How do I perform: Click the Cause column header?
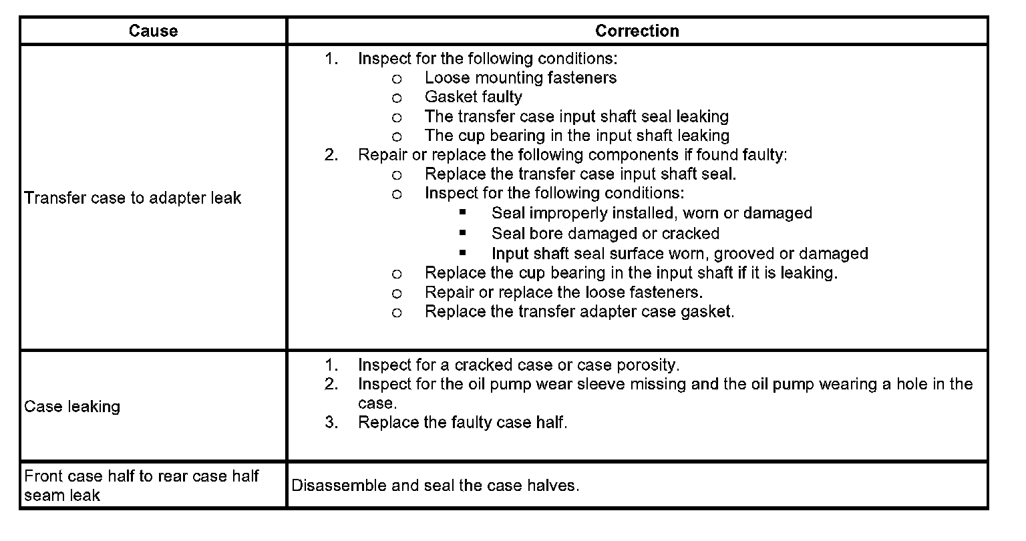153,31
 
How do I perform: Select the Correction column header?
637,31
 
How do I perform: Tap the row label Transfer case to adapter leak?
132,198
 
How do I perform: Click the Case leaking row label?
72,407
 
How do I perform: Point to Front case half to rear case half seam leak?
141,486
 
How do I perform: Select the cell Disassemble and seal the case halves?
435,486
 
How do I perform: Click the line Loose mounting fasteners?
520,78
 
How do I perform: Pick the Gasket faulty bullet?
473,98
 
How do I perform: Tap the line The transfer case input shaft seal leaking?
576,117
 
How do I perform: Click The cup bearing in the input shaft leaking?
576,136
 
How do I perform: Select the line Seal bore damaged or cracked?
605,234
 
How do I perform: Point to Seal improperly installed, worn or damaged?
651,214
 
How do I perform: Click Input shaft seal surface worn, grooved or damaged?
679,254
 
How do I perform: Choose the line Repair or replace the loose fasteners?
563,293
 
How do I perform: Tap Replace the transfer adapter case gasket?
579,312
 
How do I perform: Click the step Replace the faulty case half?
462,423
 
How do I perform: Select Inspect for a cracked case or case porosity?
518,365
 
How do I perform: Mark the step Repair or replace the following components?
572,155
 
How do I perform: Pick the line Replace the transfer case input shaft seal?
580,174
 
